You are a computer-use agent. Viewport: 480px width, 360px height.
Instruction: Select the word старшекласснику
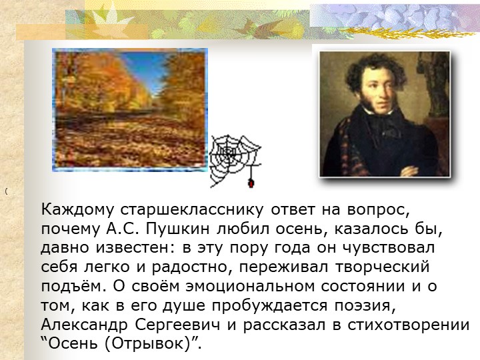[191, 210]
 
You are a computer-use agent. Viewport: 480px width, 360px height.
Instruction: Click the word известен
[133, 248]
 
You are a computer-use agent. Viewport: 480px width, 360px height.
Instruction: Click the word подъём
[74, 286]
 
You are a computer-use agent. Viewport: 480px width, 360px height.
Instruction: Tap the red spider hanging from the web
[251, 183]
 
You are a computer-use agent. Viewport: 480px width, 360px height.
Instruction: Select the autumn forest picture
[130, 109]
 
